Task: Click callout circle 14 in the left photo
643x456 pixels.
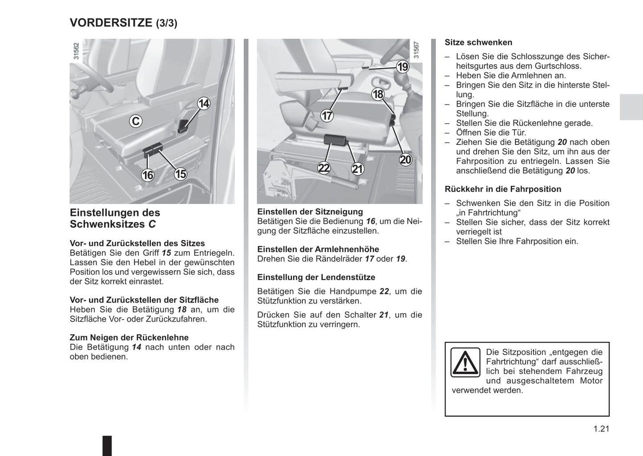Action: tap(203, 104)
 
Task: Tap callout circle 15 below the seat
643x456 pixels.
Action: tap(180, 174)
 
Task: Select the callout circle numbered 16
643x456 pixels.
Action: tap(147, 175)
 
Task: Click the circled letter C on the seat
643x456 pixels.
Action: tap(136, 121)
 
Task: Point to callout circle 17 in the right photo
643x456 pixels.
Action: tap(327, 116)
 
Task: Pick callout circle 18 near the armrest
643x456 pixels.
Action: tap(378, 94)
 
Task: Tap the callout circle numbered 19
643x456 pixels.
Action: tap(403, 67)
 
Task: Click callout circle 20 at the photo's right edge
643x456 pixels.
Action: tap(405, 160)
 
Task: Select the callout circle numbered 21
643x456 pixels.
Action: tap(357, 169)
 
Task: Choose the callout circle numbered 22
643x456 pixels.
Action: tap(324, 168)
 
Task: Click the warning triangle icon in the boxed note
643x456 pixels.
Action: tap(465, 363)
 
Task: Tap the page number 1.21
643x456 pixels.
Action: tap(601, 429)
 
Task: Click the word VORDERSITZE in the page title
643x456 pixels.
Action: tap(111, 23)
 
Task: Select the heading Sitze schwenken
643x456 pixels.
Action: tap(478, 43)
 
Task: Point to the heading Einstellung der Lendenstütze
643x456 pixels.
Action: tap(316, 277)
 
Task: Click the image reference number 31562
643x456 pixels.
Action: tap(76, 51)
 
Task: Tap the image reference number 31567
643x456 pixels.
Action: tap(417, 50)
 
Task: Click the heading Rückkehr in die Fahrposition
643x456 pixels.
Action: tap(503, 189)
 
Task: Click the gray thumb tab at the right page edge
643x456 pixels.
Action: tap(631, 107)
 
